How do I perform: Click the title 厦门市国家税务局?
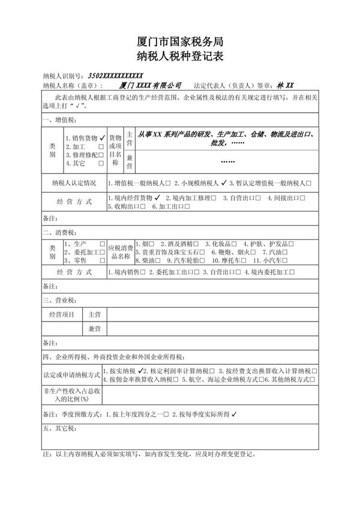pyautogui.click(x=179, y=41)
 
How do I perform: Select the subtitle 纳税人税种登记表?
pyautogui.click(x=179, y=58)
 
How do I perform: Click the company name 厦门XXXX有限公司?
pyautogui.click(x=151, y=86)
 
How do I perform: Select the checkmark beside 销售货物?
pyautogui.click(x=103, y=137)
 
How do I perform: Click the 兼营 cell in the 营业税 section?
pyautogui.click(x=94, y=329)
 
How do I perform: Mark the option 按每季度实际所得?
pyautogui.click(x=203, y=414)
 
